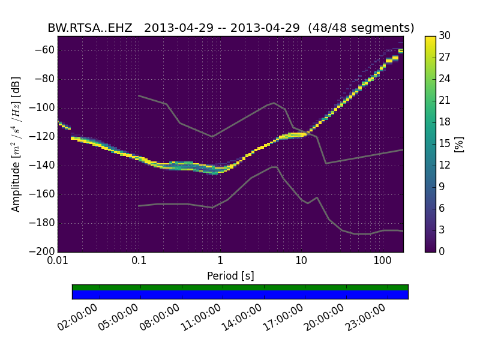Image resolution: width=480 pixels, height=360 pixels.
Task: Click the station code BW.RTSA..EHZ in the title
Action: coord(90,28)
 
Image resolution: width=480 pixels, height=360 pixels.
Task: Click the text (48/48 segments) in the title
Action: coord(367,28)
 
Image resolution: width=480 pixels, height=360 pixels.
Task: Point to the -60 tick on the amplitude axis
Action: coord(46,50)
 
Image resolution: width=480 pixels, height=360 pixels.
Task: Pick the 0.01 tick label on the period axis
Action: coord(58,262)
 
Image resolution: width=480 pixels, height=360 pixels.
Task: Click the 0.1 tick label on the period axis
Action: coord(139,262)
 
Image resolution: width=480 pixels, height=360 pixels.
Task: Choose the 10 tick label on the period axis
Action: coord(301,262)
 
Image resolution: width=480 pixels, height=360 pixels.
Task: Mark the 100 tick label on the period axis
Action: coord(382,262)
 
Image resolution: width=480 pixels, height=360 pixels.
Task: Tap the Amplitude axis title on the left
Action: coord(16,144)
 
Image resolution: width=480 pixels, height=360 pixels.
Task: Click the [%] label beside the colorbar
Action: coord(460,144)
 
